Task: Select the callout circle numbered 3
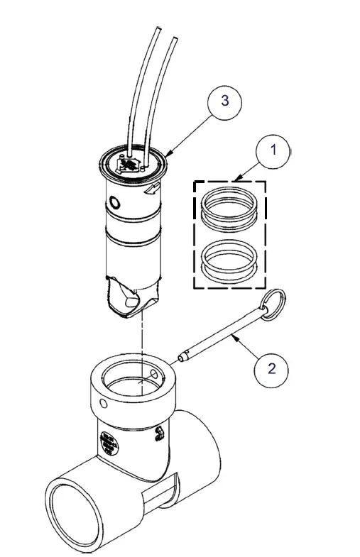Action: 224,100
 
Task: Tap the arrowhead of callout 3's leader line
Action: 170,153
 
